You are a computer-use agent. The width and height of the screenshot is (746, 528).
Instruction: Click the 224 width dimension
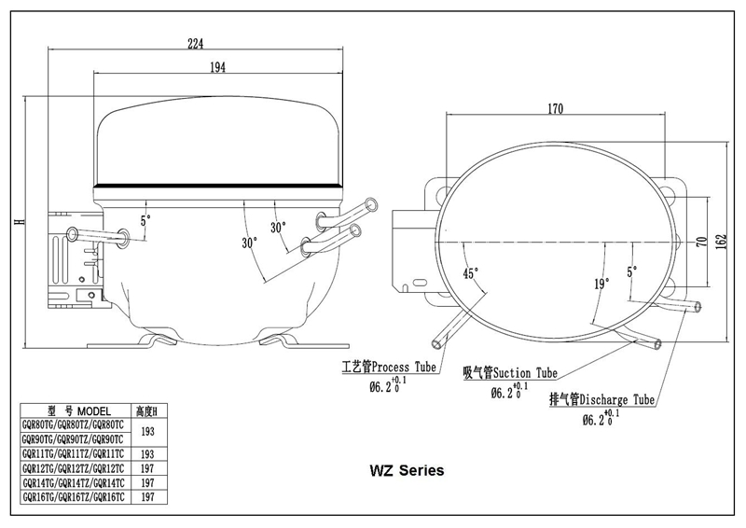pos(195,44)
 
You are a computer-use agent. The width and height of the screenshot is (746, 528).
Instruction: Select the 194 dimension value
pos(217,67)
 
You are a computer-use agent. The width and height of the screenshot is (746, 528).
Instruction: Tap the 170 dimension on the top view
pos(555,109)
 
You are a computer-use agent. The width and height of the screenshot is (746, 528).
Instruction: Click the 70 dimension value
pos(702,242)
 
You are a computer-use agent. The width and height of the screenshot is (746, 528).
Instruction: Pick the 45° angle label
pos(471,273)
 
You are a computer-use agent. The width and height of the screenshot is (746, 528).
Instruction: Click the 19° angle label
pos(601,285)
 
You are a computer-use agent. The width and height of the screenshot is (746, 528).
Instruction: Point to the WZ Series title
pos(407,470)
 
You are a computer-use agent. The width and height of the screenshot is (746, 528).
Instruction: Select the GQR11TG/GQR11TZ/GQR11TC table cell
pos(74,453)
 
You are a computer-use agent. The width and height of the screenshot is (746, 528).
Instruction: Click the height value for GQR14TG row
pos(147,483)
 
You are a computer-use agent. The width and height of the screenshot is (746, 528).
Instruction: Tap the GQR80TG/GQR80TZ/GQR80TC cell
pos(74,424)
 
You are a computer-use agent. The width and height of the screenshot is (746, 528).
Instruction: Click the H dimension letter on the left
pos(19,222)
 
